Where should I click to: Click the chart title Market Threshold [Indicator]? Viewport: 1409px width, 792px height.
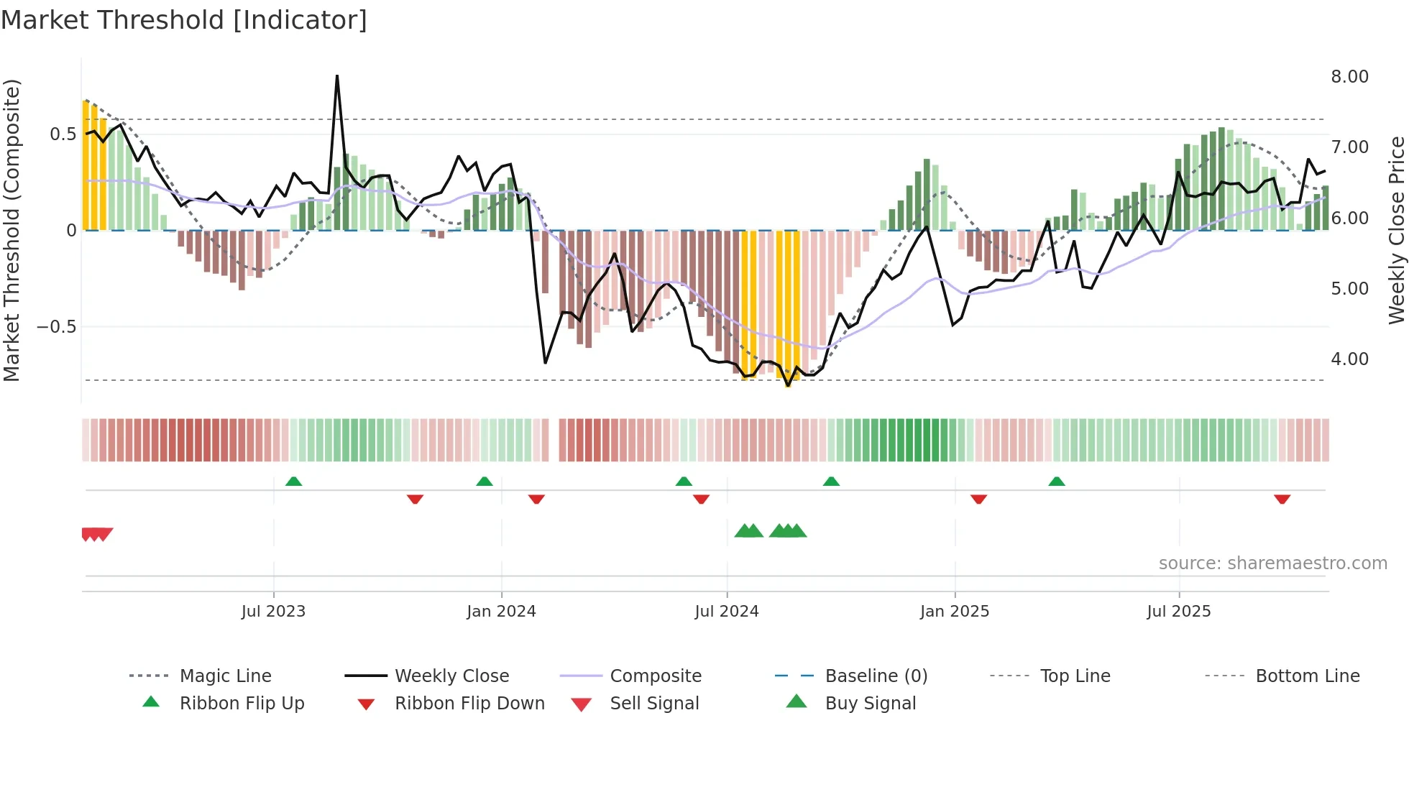tap(184, 20)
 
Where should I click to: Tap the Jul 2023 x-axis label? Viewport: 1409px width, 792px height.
tap(273, 612)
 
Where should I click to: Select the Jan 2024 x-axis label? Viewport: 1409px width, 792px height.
tap(501, 612)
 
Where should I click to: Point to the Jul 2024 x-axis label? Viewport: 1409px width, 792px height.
tap(726, 612)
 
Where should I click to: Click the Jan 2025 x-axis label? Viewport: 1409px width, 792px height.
tap(954, 612)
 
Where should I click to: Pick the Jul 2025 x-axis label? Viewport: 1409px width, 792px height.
tap(1178, 612)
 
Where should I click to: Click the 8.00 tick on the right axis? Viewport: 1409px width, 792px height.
tap(1349, 77)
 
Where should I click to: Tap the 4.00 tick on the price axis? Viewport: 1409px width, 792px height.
tap(1349, 359)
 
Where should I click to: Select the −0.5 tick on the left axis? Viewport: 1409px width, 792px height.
tap(56, 327)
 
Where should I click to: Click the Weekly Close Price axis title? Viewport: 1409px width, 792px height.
tap(1396, 230)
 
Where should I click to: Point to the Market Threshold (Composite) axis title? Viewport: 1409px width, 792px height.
tap(12, 230)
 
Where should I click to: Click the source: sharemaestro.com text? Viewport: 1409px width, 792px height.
tap(1272, 563)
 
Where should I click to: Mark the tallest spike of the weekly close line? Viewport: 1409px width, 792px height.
tap(337, 76)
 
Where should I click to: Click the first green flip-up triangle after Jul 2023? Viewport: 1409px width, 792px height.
tap(293, 482)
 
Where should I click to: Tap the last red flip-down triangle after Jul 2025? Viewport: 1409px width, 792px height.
tap(1282, 499)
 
